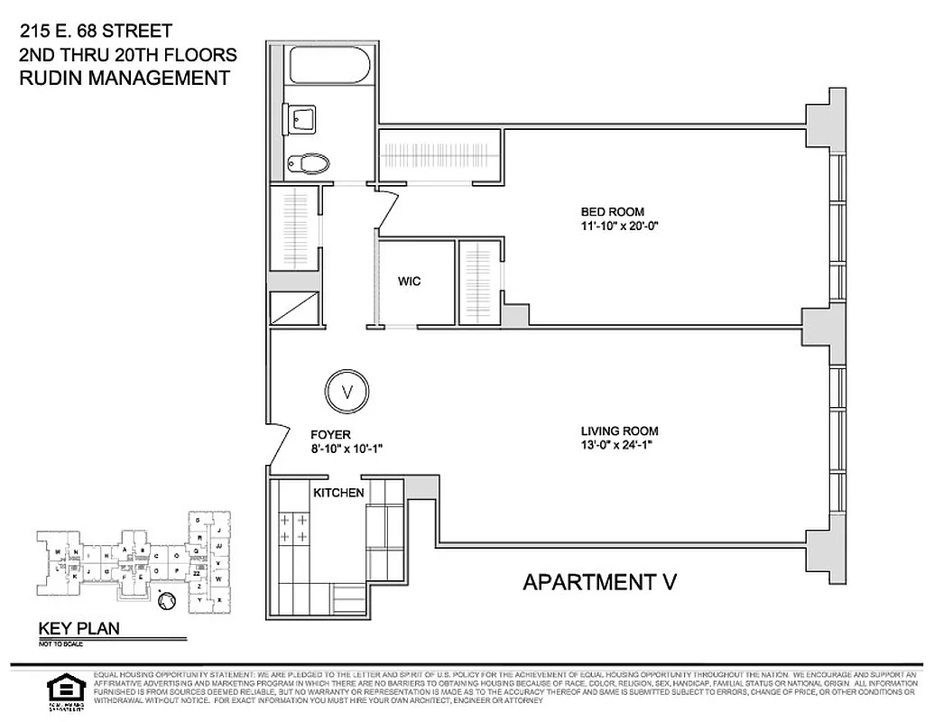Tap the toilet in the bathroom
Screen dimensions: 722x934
click(x=310, y=163)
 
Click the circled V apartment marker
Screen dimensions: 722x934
click(x=344, y=391)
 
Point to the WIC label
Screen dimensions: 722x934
click(x=409, y=282)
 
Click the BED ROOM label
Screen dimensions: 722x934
click(x=612, y=212)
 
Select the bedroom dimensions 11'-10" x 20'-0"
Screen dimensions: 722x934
click(x=621, y=227)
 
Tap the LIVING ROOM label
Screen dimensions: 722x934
click(x=619, y=431)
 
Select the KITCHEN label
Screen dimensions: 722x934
click(x=338, y=493)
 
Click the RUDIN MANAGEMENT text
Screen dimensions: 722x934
click(x=125, y=79)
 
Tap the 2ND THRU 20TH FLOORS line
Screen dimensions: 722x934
click(x=127, y=55)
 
